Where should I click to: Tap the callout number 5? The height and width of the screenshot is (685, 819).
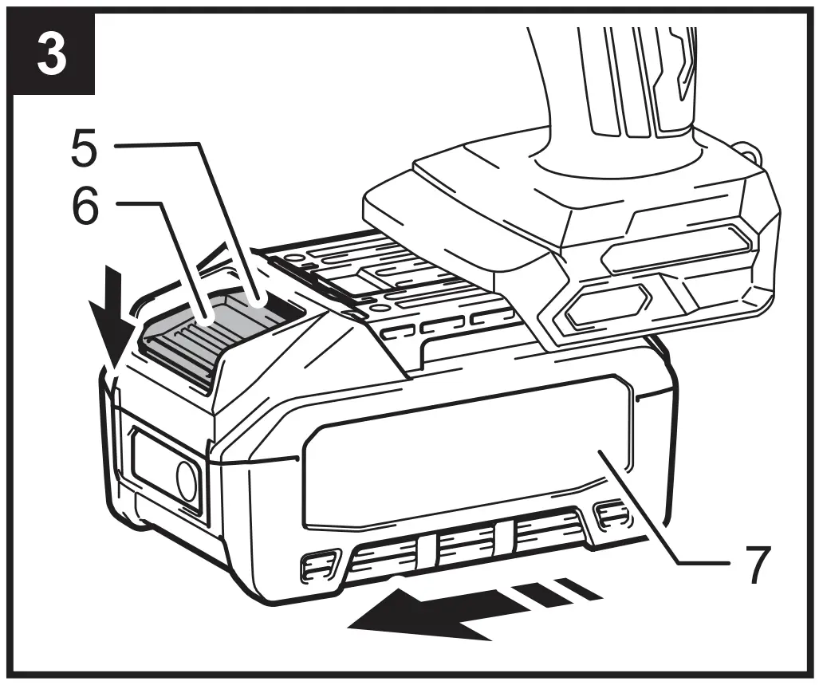point(85,149)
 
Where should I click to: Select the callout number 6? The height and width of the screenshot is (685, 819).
point(85,209)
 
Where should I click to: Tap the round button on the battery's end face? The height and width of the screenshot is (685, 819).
point(187,482)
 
